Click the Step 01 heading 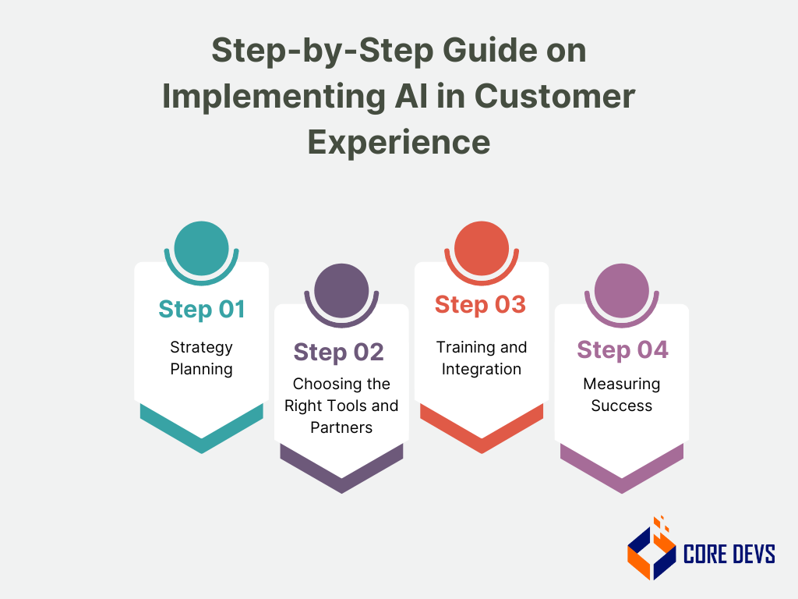(x=201, y=310)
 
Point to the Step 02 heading (x=339, y=352)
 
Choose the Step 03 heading (x=480, y=304)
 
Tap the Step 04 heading (x=622, y=350)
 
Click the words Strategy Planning (x=201, y=358)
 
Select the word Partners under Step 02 (x=341, y=427)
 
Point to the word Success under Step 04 (x=621, y=406)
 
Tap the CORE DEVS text (x=729, y=555)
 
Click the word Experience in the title (x=398, y=142)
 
